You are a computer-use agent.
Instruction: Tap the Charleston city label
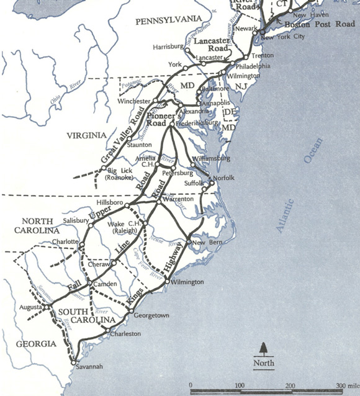coord(125,333)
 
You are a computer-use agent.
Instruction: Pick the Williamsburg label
coord(212,159)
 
